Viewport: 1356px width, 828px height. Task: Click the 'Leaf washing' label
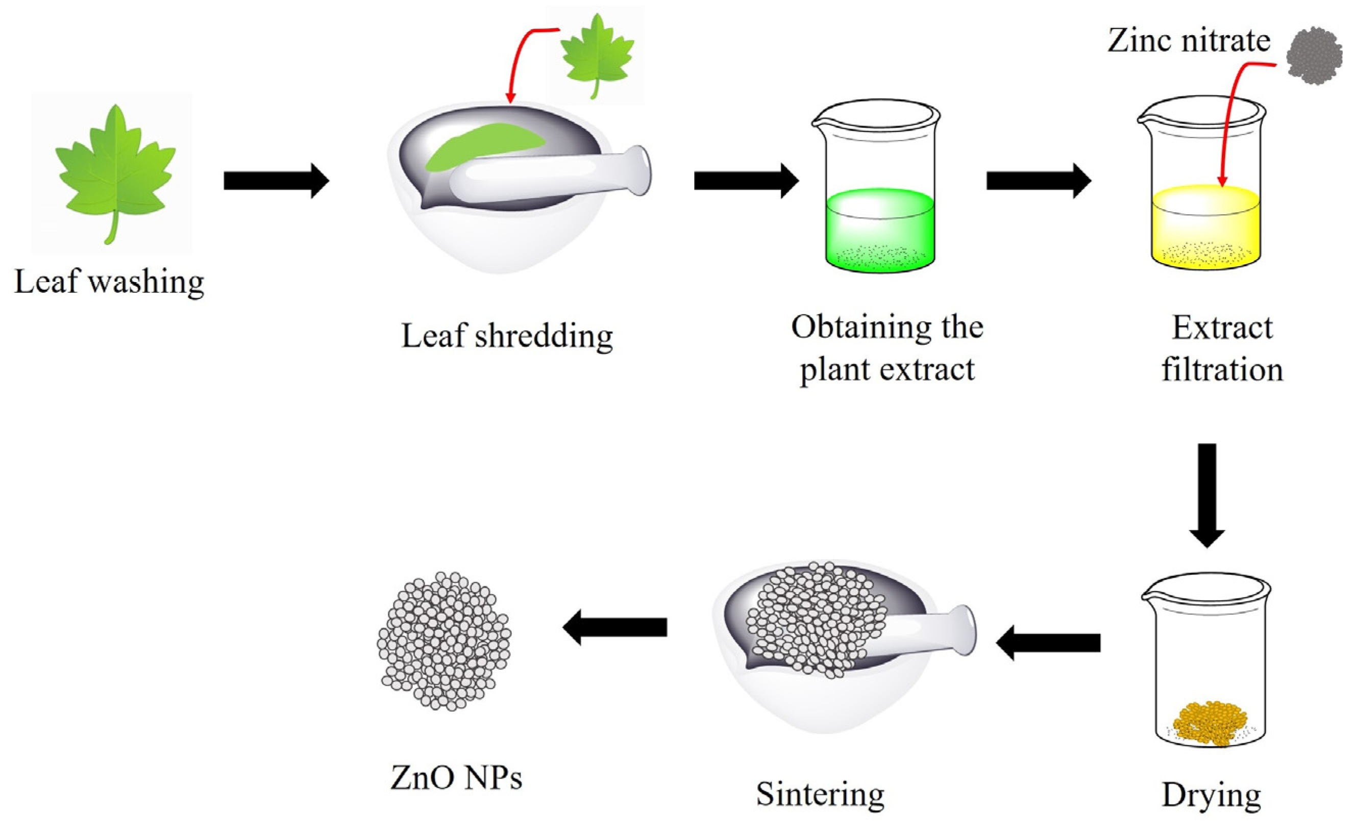click(109, 282)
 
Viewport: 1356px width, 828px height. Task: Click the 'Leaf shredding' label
click(507, 336)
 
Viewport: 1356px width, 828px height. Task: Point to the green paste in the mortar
click(484, 146)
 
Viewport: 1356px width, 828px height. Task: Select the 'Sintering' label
click(820, 794)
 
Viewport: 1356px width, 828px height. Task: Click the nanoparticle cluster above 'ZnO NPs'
click(444, 641)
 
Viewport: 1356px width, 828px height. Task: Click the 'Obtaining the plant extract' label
click(887, 348)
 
